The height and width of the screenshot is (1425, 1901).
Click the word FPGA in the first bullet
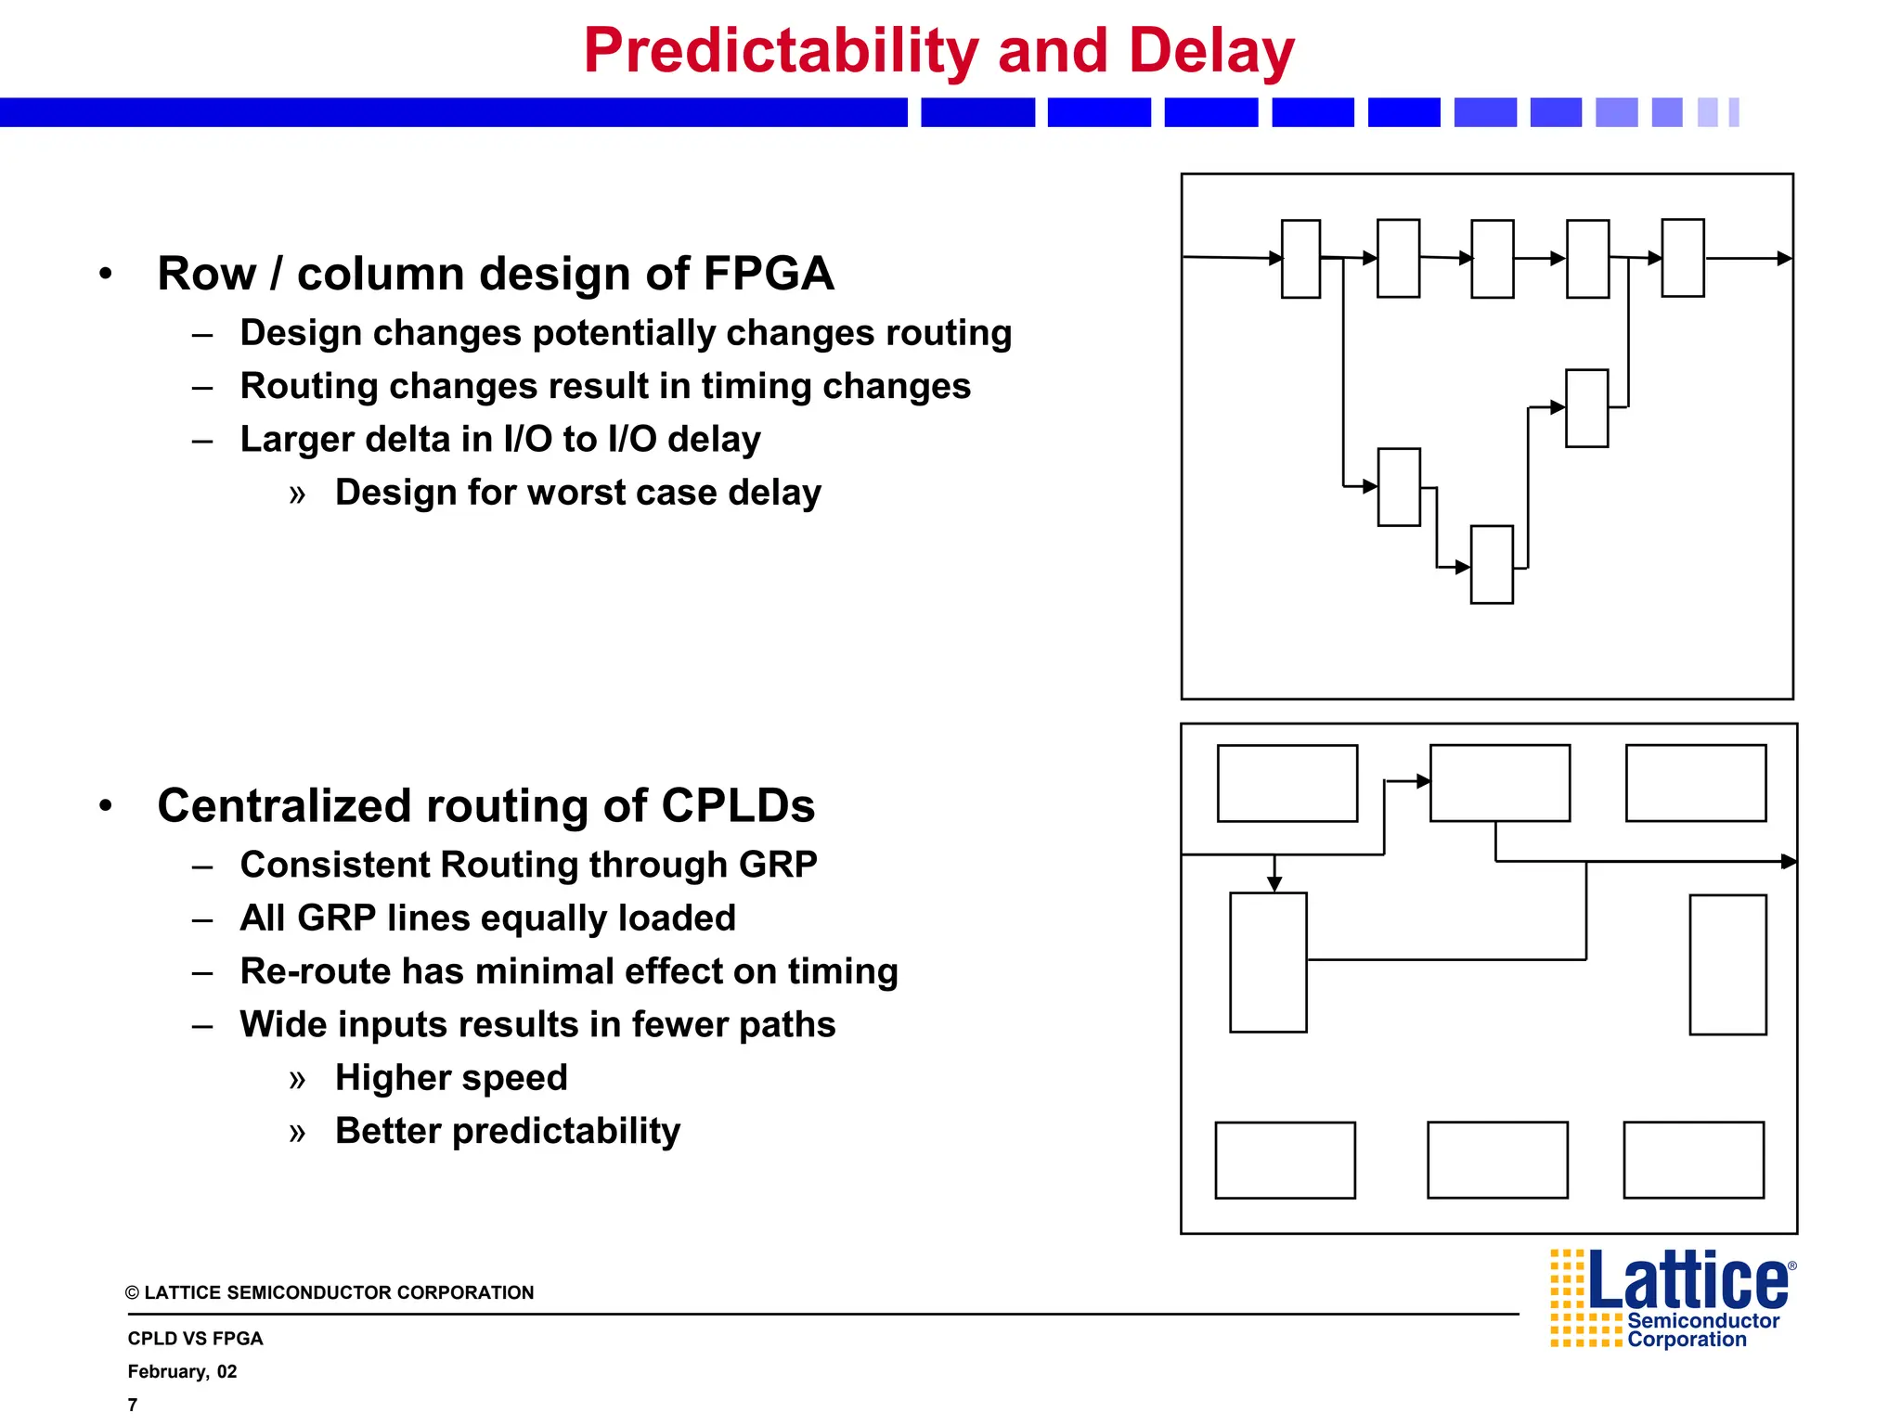click(x=768, y=275)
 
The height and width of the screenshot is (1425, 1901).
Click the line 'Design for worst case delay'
click(x=577, y=493)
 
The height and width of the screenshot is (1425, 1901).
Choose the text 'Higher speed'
click(x=451, y=1078)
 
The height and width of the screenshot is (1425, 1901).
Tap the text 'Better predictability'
click(x=507, y=1131)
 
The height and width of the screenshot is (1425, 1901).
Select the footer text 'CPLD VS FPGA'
click(x=195, y=1339)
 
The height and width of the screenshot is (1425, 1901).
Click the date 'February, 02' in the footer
click(x=182, y=1372)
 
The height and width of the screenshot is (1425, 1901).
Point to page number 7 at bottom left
click(x=133, y=1405)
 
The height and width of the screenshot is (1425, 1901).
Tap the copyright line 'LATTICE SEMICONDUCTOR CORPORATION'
click(x=338, y=1293)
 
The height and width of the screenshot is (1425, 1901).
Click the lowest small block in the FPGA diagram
click(x=1492, y=565)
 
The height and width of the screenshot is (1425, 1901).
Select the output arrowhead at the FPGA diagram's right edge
click(x=1783, y=259)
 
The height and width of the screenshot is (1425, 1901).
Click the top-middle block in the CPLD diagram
click(x=1499, y=783)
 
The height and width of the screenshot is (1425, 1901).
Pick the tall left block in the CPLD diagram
click(x=1268, y=962)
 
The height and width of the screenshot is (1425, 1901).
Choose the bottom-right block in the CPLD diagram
click(x=1693, y=1160)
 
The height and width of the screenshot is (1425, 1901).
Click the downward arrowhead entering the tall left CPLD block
click(x=1274, y=884)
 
